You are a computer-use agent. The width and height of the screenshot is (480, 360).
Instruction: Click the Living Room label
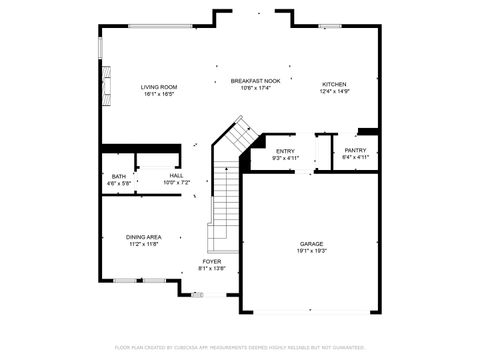coord(158,87)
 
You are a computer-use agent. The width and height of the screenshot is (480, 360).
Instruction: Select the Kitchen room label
coord(334,84)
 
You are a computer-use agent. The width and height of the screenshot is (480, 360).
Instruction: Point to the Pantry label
coord(356,150)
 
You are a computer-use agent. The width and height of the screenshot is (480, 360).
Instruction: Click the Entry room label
coord(286,151)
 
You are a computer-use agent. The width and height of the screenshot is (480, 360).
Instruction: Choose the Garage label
coord(312,244)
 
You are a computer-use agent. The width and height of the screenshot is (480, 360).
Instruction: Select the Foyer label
coord(212,262)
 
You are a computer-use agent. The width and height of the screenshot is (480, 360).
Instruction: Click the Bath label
coord(119,176)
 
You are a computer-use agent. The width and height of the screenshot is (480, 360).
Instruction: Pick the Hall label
coord(176,176)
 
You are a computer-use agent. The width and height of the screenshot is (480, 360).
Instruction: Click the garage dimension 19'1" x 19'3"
coord(312,251)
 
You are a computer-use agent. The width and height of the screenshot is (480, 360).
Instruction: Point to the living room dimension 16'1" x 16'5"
coord(158,94)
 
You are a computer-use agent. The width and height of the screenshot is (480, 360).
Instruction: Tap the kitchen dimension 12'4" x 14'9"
coord(334,91)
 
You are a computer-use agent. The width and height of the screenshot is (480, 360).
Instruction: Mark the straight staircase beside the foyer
coord(223,210)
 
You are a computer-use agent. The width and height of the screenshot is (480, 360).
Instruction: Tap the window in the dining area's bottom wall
coord(140,280)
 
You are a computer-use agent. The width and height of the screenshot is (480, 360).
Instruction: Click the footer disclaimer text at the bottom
coord(240,347)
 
